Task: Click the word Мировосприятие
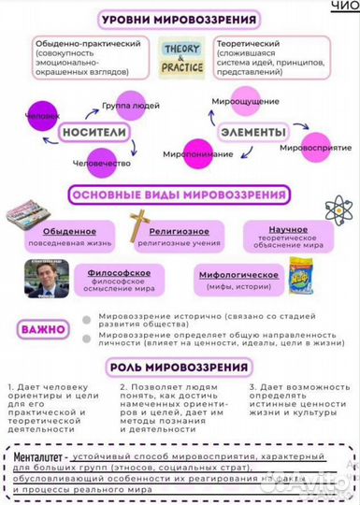point(315,147)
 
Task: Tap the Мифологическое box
point(238,279)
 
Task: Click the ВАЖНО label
point(44,329)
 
